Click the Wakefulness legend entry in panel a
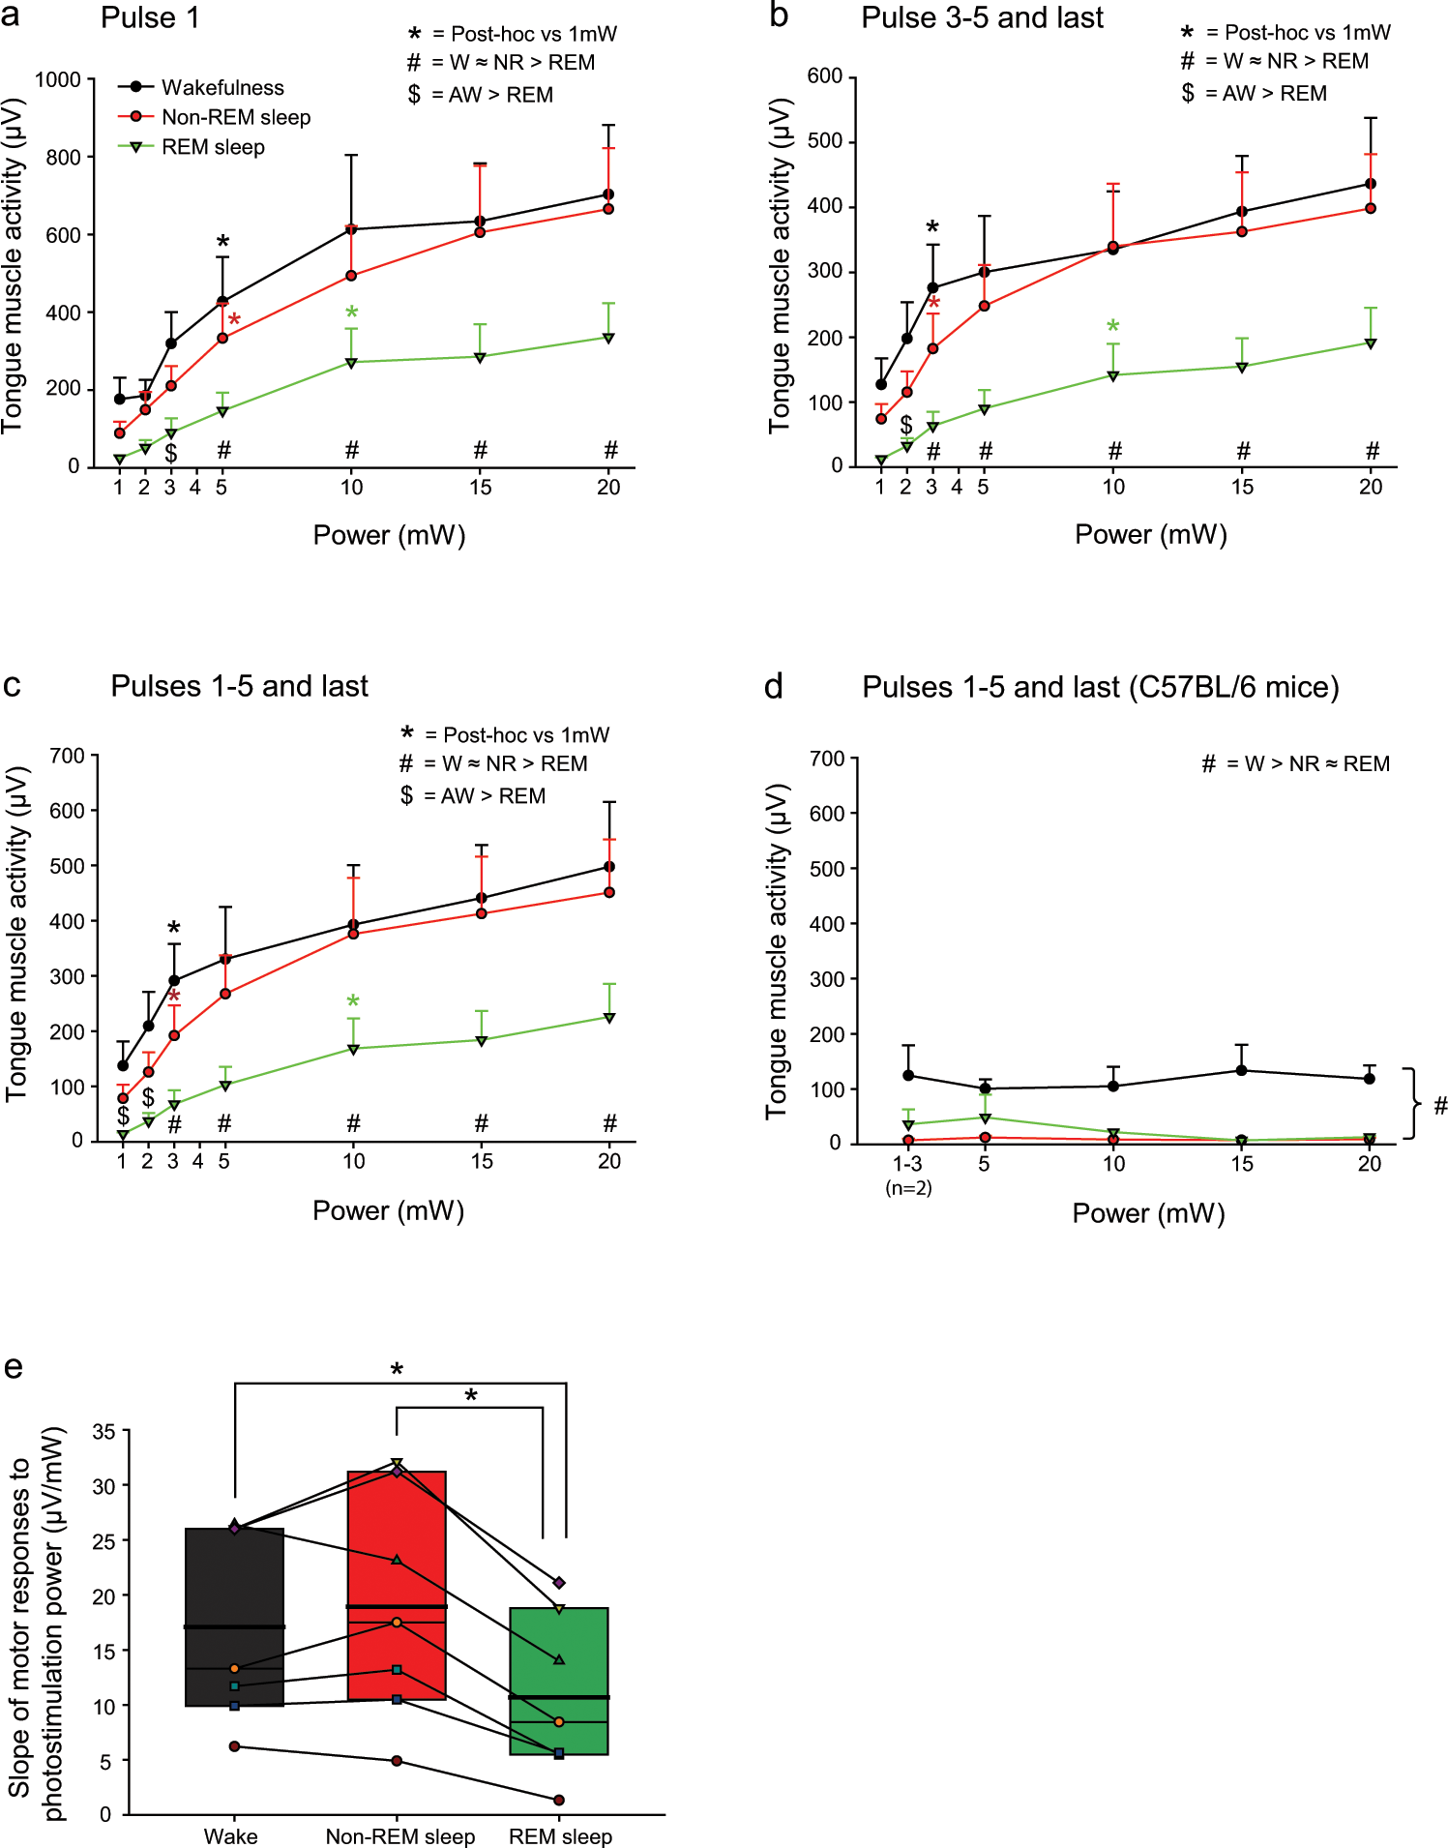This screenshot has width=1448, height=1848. tap(222, 87)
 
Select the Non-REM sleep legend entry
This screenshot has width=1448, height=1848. tap(235, 117)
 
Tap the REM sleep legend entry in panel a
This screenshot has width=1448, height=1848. tap(212, 147)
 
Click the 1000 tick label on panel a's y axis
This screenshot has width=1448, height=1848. tap(57, 79)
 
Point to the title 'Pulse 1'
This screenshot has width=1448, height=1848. tap(150, 18)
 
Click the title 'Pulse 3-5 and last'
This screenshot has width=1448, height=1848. tap(982, 18)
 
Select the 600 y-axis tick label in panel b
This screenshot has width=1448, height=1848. tap(824, 76)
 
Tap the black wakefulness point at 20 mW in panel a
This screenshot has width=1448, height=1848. tap(608, 194)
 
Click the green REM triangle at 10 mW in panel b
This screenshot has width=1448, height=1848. tap(1113, 375)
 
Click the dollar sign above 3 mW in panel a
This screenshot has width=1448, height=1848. tap(170, 452)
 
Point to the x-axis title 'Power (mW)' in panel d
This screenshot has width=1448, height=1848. tap(1148, 1213)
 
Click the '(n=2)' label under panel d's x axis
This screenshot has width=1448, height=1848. tap(908, 1188)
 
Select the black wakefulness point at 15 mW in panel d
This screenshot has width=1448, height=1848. tap(1242, 1070)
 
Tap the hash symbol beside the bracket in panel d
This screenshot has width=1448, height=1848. tap(1440, 1105)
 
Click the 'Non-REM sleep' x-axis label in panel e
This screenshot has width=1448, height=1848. tap(399, 1836)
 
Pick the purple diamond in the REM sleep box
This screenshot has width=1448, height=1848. tap(559, 1583)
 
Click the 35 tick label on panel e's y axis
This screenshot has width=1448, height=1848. tap(103, 1431)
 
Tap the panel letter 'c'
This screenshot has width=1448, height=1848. tap(13, 685)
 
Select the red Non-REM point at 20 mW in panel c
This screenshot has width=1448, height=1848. tap(609, 892)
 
